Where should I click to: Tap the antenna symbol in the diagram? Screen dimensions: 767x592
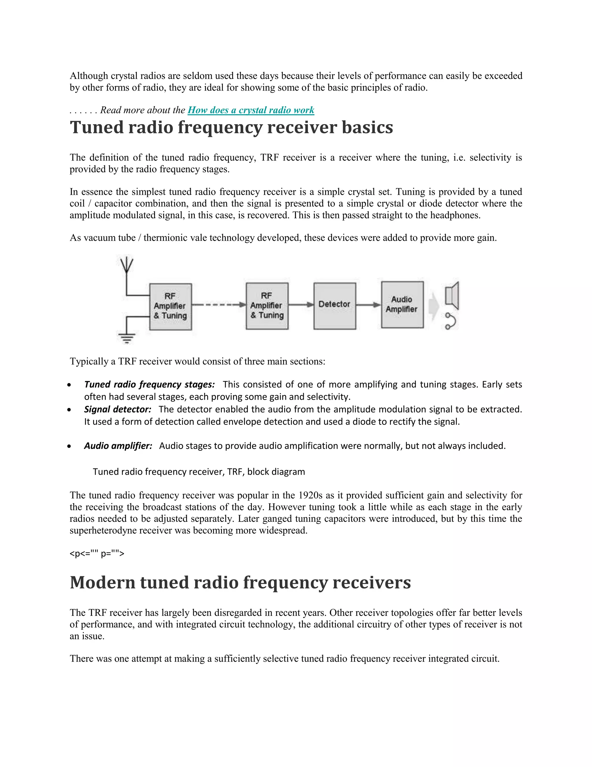tap(127, 266)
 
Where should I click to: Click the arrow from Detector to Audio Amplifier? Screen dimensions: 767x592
tap(369, 304)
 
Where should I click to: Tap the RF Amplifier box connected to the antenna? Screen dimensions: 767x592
tap(171, 306)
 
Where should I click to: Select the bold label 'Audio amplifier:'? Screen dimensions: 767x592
tap(118, 446)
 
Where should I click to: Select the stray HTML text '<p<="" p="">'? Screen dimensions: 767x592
tap(97, 553)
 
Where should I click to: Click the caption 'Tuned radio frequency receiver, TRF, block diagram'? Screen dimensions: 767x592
tap(199, 472)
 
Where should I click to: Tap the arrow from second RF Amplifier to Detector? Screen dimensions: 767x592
tap(301, 304)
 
